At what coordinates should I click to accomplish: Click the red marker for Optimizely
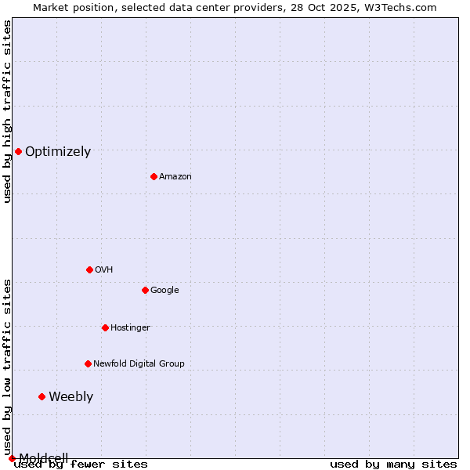[18, 151]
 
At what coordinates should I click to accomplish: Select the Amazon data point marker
[154, 176]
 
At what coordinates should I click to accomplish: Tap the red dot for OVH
[89, 269]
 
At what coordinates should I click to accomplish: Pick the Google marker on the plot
[145, 290]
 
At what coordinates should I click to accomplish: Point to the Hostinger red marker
[105, 327]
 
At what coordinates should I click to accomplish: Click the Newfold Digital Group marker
[88, 363]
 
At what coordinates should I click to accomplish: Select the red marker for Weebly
[42, 396]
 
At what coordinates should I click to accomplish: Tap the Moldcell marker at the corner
[12, 458]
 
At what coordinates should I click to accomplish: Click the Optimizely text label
[58, 152]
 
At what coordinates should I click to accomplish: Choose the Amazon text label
[175, 177]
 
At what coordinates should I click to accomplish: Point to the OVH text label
[104, 270]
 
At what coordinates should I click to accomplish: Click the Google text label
[164, 291]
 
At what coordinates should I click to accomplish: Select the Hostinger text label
[130, 328]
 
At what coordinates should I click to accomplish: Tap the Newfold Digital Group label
[139, 364]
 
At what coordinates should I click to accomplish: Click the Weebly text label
[70, 397]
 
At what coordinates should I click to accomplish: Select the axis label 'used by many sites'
[393, 465]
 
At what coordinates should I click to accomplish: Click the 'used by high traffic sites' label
[7, 111]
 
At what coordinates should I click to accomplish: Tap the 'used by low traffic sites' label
[7, 367]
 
